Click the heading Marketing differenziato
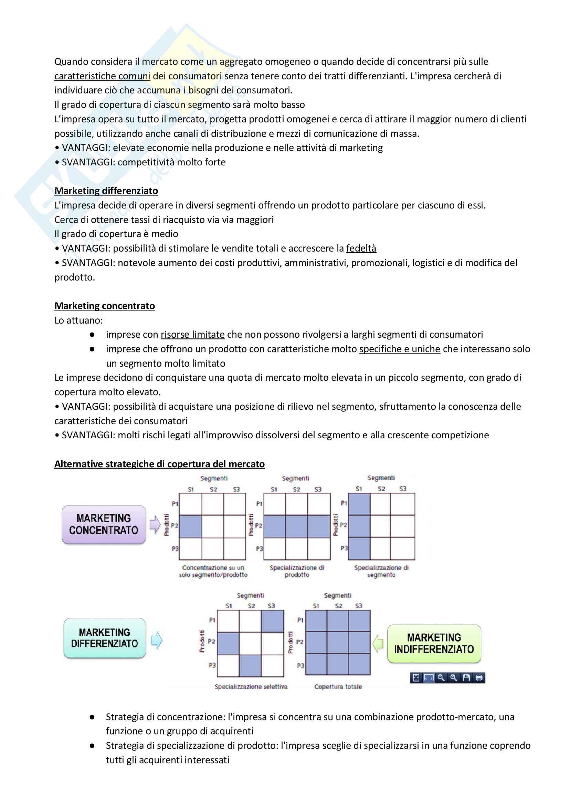pos(106,191)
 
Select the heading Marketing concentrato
pos(104,306)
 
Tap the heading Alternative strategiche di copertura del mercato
pos(159,464)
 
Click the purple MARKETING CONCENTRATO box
pos(104,524)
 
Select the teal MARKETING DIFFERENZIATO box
pos(104,638)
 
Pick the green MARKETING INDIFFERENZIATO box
pos(434,644)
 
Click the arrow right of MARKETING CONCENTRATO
pos(155,524)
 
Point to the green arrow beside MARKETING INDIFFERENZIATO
pos(378,644)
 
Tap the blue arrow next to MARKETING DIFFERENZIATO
pos(157,640)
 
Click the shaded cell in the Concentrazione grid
pos(190,526)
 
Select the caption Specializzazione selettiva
pos(251,686)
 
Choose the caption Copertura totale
pos(338,686)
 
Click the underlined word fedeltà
pos(361,248)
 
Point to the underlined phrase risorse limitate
pos(192,335)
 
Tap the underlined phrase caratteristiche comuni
pos(102,76)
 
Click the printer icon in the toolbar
pos(479,678)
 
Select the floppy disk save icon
pos(466,678)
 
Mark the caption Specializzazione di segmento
pos(381,571)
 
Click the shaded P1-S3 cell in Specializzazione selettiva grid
pos(272,621)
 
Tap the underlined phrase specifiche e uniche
pos(399,349)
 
